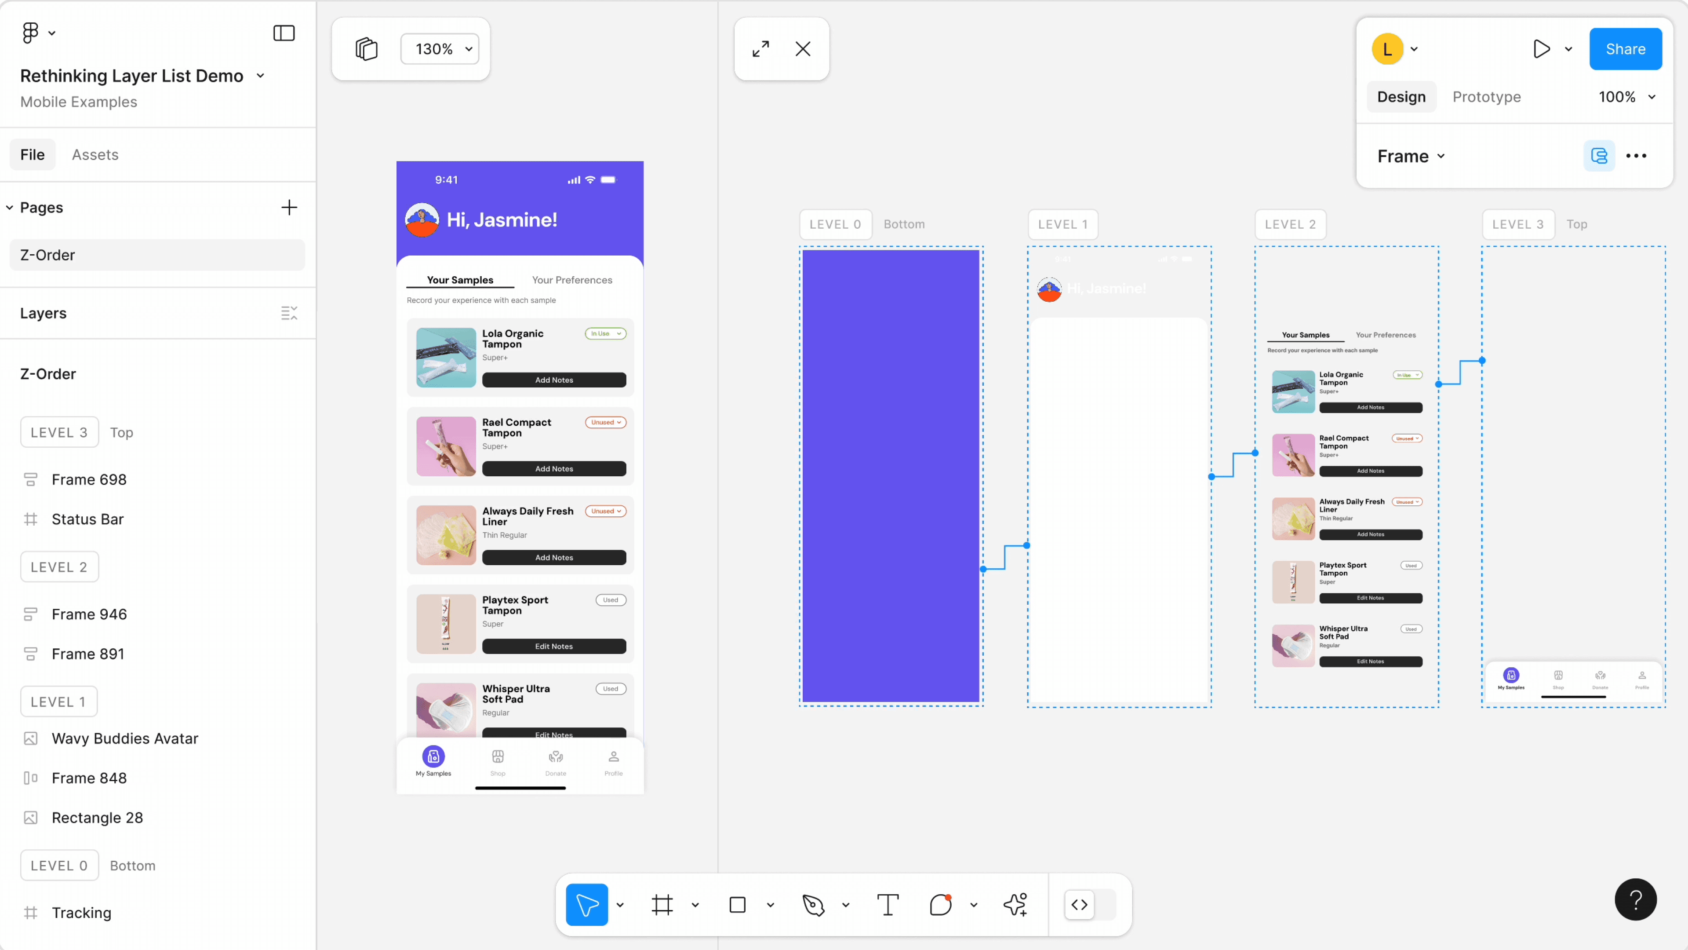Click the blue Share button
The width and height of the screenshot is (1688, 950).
1625,49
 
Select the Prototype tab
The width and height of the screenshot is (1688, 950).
1486,97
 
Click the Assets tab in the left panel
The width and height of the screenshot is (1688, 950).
95,155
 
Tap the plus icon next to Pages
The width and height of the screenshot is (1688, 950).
289,208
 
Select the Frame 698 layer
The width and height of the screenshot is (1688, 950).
89,479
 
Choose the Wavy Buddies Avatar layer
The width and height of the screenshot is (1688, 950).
124,738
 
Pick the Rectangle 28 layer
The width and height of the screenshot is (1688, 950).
97,818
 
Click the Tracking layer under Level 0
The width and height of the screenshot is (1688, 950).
81,913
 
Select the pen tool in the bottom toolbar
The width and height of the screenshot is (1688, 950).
813,905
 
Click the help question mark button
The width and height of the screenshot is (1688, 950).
1636,899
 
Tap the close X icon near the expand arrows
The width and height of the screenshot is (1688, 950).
803,49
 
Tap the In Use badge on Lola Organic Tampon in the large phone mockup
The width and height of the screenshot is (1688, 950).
605,334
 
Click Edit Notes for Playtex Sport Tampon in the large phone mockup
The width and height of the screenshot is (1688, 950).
554,647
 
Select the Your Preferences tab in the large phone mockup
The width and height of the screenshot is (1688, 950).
572,280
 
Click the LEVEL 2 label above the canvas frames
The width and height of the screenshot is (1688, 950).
1290,224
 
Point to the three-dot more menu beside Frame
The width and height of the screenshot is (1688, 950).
1636,156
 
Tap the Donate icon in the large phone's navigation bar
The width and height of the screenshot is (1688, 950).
556,761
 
